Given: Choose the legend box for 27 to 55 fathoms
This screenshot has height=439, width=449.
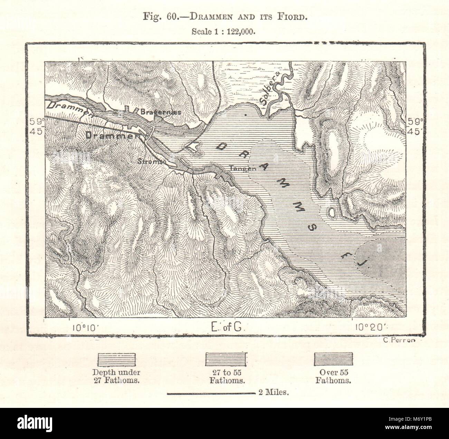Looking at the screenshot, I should [225, 359].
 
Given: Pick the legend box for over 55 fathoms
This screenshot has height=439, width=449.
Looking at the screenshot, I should [333, 359].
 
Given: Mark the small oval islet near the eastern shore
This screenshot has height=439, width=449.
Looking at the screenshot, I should [332, 212].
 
